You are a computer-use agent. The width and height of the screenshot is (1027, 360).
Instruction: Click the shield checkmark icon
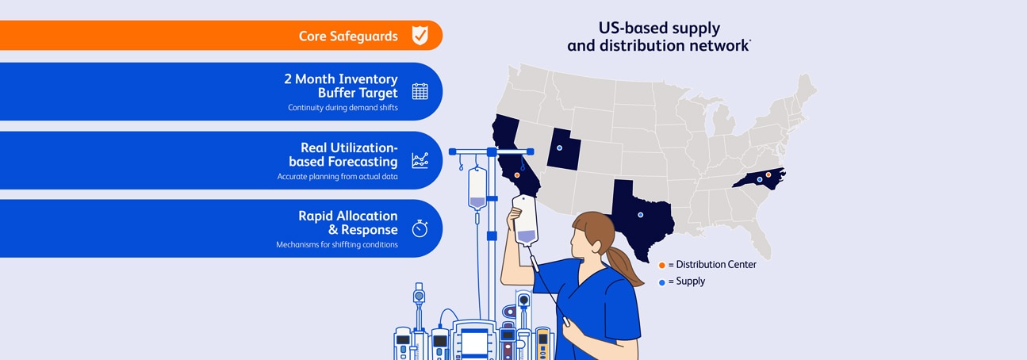420,36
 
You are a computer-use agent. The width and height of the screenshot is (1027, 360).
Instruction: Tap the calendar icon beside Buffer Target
420,91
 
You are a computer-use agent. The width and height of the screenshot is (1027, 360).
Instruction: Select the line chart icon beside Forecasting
420,160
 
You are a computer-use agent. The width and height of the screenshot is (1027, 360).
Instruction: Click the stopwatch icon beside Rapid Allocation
420,228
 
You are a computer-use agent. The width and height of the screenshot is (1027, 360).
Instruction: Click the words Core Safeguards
348,36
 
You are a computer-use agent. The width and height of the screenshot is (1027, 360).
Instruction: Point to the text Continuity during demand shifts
343,108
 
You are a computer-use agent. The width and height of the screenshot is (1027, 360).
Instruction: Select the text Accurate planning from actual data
337,177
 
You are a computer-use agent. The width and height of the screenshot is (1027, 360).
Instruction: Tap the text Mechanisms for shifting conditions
336,244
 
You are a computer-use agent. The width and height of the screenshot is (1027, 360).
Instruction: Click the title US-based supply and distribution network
658,36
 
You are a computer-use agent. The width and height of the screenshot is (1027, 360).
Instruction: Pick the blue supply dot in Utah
559,147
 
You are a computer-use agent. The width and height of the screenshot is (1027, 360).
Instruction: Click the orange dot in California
517,175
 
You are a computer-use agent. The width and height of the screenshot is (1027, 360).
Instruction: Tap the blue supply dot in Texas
641,215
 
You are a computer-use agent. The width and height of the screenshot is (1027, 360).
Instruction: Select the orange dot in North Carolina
768,174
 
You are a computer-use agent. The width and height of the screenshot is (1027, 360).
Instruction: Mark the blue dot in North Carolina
760,179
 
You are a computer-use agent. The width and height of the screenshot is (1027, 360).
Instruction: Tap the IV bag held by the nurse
526,220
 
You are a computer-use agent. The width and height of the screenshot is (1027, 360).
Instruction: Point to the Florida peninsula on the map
759,239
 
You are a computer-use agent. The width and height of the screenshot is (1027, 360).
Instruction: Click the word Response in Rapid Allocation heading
369,230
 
